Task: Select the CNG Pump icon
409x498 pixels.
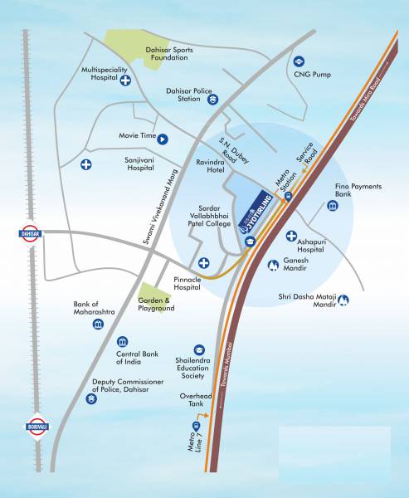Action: [x=299, y=61]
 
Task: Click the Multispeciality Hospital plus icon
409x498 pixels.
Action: [x=125, y=81]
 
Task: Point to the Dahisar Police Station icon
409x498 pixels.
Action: [x=213, y=100]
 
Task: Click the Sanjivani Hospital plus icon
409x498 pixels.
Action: [x=86, y=164]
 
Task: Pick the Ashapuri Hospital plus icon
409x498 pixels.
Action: [x=291, y=237]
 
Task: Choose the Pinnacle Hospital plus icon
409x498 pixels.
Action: [x=203, y=264]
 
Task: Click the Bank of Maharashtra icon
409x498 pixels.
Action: [x=98, y=323]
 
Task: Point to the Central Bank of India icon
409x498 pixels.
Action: [x=122, y=342]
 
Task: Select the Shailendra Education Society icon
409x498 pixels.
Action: [x=199, y=349]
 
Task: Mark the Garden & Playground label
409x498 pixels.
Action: [x=156, y=304]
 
